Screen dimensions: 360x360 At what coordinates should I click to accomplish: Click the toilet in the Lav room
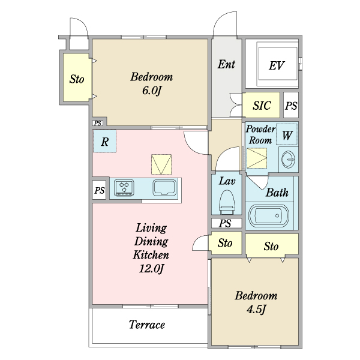[x=227, y=202]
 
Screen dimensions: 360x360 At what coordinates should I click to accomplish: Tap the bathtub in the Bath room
[x=269, y=216]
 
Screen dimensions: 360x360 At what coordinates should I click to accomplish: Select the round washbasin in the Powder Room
[x=288, y=160]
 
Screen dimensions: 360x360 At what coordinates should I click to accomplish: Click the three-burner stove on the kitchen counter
[x=124, y=188]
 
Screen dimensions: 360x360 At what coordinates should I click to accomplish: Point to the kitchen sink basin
[x=164, y=187]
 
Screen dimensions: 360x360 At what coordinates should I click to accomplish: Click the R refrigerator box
[x=104, y=141]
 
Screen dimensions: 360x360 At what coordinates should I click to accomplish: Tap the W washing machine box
[x=287, y=134]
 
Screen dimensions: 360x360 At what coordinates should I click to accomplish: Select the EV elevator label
[x=277, y=65]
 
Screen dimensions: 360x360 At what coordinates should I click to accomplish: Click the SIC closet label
[x=262, y=106]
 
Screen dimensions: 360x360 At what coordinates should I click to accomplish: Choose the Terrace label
[x=147, y=325]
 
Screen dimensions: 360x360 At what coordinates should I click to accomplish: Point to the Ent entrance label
[x=226, y=64]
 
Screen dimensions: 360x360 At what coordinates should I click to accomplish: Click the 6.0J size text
[x=151, y=91]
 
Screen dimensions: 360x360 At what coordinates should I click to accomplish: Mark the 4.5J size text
[x=256, y=309]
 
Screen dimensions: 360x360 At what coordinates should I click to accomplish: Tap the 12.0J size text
[x=151, y=268]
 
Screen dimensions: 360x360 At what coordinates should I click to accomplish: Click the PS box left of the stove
[x=99, y=190]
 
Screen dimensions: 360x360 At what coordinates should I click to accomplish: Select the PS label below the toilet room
[x=225, y=223]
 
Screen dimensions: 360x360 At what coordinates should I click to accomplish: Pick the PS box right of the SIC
[x=291, y=106]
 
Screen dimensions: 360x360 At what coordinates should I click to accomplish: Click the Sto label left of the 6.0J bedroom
[x=77, y=79]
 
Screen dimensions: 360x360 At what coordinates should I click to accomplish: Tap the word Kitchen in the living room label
[x=151, y=254]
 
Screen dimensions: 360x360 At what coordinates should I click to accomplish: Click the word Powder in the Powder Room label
[x=260, y=129]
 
